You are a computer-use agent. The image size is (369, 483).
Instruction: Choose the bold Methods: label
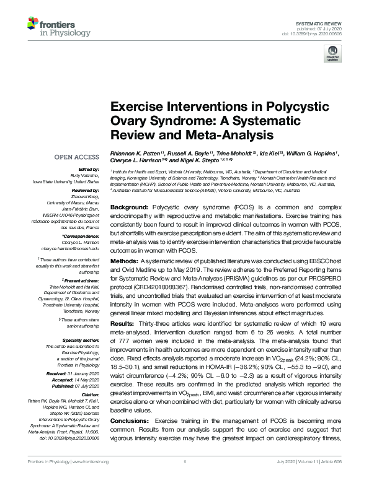coord(126,262)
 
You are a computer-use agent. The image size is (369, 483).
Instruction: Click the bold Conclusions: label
coord(131,403)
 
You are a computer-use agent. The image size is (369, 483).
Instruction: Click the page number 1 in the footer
coord(185,479)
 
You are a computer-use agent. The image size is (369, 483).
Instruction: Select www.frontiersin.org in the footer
coord(89,479)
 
